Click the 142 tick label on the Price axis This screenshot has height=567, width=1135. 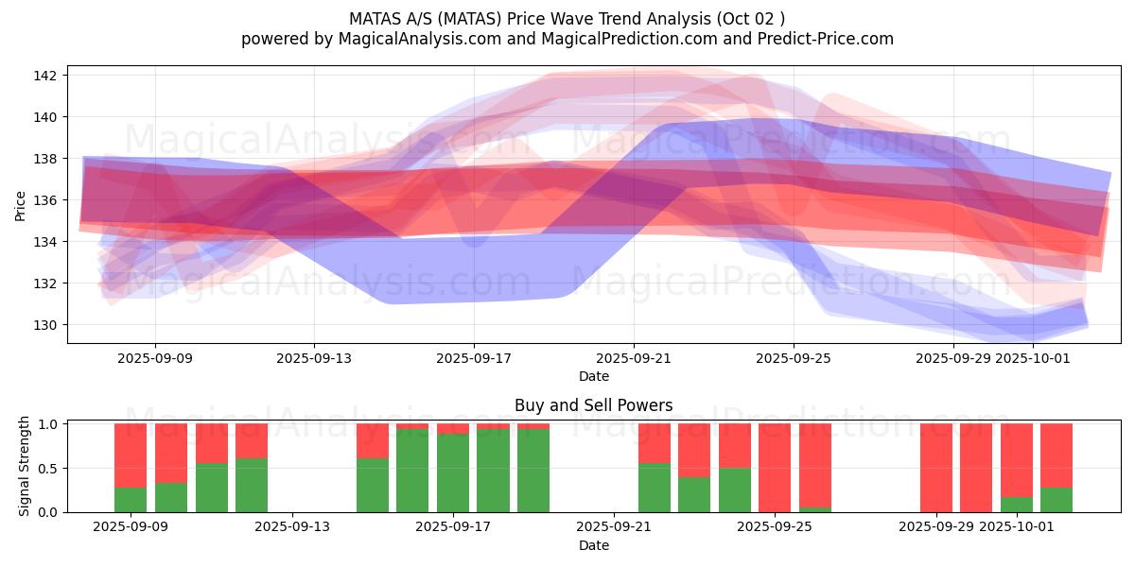click(48, 76)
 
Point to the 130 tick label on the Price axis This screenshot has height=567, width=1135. click(48, 325)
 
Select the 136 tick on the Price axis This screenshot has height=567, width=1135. click(48, 200)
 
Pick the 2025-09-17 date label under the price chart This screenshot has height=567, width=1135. click(474, 359)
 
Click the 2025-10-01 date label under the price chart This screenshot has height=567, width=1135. click(1035, 359)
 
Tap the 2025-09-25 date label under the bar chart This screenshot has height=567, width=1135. click(775, 527)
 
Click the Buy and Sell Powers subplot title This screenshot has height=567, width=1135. click(593, 405)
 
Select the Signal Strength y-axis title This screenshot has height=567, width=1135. click(26, 467)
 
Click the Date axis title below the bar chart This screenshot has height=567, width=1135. click(593, 545)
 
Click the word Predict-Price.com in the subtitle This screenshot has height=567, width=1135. click(833, 39)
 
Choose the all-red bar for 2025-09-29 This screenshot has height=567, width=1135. click(936, 468)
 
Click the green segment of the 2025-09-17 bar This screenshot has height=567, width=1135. click(453, 472)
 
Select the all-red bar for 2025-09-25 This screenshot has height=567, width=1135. click(775, 468)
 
